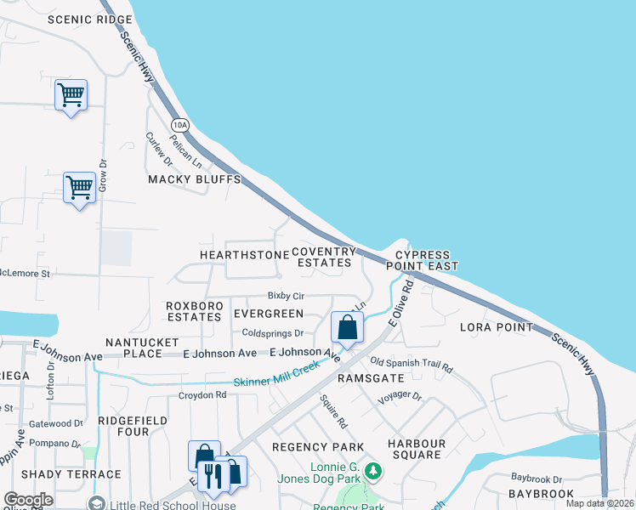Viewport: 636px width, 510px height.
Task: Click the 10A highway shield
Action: (x=179, y=125)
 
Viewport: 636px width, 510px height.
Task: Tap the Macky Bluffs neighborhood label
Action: (x=195, y=180)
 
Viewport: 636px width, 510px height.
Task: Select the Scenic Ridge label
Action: (x=89, y=20)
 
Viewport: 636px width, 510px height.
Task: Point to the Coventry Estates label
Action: (x=323, y=257)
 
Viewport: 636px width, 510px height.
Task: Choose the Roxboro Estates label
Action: (x=194, y=311)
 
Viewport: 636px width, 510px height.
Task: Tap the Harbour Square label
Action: (x=417, y=450)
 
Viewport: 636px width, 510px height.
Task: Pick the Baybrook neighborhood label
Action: (x=542, y=493)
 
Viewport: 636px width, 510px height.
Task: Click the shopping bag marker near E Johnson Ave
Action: (x=347, y=327)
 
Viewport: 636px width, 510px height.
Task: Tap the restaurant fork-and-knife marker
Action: (x=209, y=475)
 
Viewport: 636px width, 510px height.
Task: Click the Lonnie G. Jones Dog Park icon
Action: (x=372, y=470)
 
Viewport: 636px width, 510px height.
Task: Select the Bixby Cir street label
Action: (x=286, y=296)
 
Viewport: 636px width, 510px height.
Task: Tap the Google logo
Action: (x=29, y=500)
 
